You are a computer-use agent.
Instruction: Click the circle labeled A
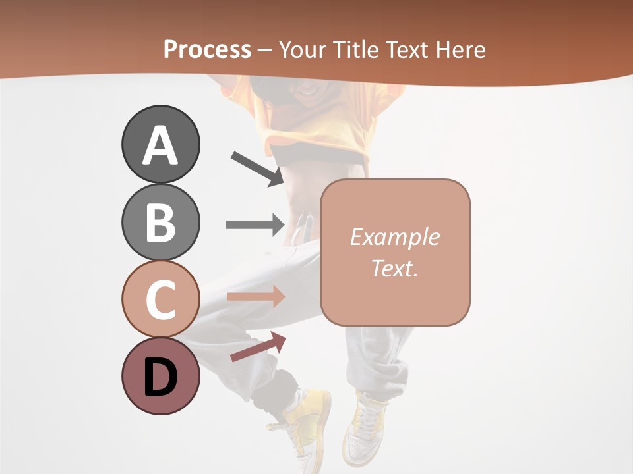click(160, 144)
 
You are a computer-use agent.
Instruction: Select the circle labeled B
click(160, 222)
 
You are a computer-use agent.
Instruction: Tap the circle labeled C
click(160, 299)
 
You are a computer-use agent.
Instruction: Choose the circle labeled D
click(160, 376)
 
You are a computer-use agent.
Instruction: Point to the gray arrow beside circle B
click(255, 224)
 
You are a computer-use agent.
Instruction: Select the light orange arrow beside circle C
click(255, 297)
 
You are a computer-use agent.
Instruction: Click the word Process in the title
click(207, 49)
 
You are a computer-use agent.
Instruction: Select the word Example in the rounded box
click(394, 237)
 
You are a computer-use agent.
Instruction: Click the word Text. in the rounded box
click(394, 268)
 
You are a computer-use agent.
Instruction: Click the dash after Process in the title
click(265, 51)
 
